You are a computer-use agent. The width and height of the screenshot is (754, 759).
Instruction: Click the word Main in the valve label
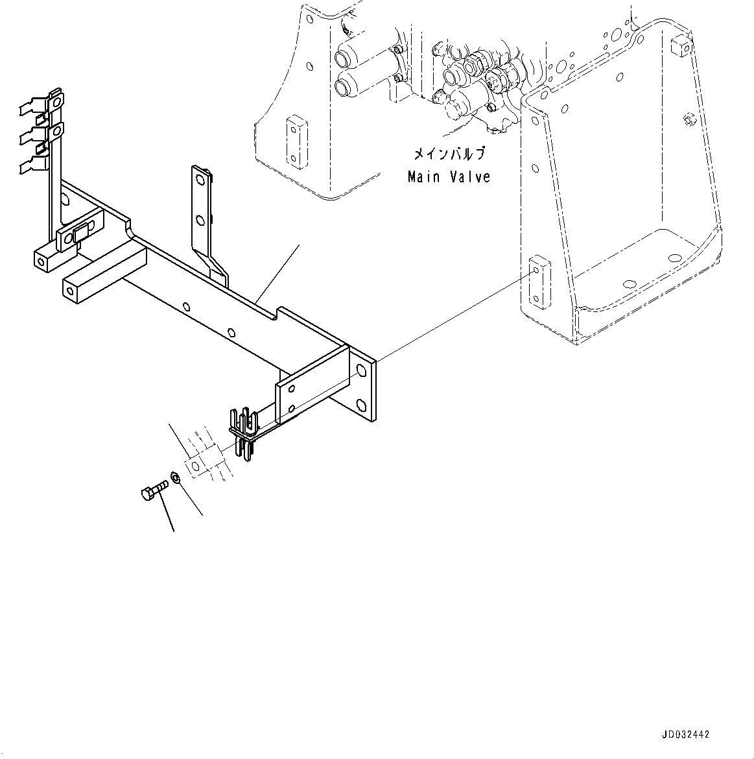point(424,176)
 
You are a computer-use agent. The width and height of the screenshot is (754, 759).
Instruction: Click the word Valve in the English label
point(470,176)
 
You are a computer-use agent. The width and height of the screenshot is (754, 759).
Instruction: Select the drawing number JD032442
point(685,734)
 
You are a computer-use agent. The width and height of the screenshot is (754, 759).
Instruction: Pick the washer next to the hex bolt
point(176,479)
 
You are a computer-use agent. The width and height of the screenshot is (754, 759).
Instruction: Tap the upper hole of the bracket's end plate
point(361,369)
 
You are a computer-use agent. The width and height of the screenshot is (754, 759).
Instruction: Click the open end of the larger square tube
point(73,288)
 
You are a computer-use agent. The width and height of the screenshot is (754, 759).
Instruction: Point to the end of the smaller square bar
point(42,262)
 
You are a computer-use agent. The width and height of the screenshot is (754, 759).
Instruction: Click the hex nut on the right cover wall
point(689,119)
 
